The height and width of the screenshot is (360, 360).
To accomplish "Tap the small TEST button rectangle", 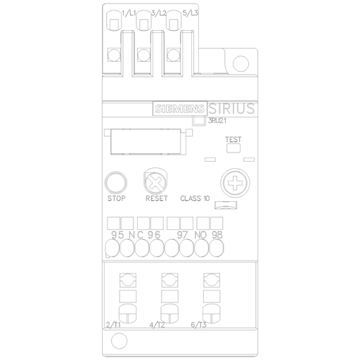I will pyautogui.click(x=233, y=148).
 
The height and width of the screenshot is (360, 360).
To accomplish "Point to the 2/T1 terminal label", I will pyautogui.click(x=112, y=325).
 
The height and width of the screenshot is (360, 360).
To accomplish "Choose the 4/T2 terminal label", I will pyautogui.click(x=157, y=325).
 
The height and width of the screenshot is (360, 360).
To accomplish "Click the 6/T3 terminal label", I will pyautogui.click(x=199, y=325).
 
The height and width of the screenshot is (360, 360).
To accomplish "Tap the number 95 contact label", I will pyautogui.click(x=117, y=233).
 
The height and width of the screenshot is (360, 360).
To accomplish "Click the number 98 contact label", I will pyautogui.click(x=217, y=233).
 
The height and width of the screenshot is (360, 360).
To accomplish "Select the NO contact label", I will pyautogui.click(x=200, y=233).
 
